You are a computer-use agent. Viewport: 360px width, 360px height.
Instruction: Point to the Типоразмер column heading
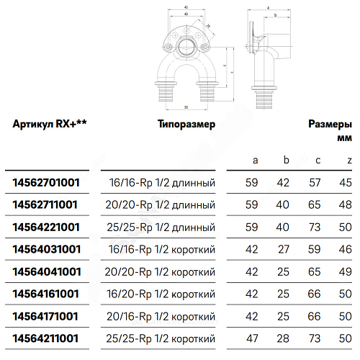186,124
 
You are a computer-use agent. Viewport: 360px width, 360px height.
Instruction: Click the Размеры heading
330,124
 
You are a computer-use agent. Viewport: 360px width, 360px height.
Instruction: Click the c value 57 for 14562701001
314,183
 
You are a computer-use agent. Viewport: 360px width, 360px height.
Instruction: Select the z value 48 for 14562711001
348,205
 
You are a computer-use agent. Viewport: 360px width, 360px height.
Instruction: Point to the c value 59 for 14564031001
314,248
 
